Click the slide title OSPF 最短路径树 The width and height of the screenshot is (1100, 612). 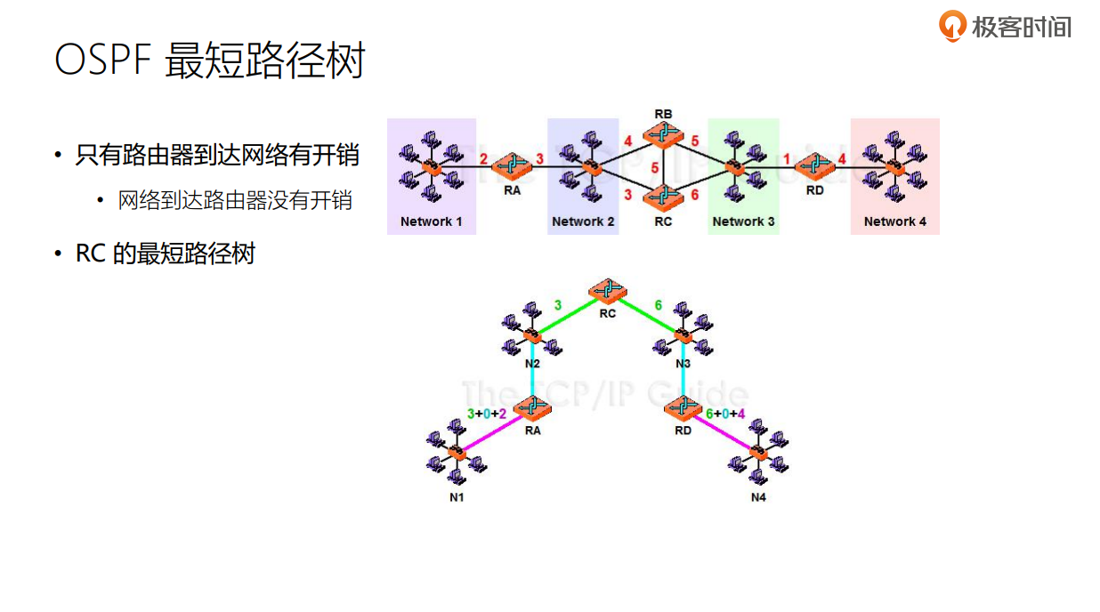(210, 61)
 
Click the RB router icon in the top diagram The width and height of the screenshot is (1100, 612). (663, 134)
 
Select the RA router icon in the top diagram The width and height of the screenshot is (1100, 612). (512, 165)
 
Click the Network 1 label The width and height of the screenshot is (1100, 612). (432, 221)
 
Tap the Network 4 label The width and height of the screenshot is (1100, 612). (894, 221)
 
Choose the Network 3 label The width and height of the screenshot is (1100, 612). (743, 221)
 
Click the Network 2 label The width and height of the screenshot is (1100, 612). (583, 221)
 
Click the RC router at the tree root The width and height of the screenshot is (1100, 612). (608, 291)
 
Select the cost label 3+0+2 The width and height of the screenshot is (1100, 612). (487, 414)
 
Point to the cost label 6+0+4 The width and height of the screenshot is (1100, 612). (725, 414)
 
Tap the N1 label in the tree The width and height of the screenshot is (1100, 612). (457, 497)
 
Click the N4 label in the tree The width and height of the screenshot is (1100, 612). (758, 497)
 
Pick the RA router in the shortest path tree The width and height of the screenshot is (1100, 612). (533, 408)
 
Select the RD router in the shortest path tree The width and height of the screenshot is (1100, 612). (683, 408)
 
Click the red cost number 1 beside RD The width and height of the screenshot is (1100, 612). (787, 159)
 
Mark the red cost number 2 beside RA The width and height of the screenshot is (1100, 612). (484, 159)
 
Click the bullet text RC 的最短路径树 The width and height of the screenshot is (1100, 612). (166, 254)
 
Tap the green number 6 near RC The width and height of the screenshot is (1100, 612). (659, 305)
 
